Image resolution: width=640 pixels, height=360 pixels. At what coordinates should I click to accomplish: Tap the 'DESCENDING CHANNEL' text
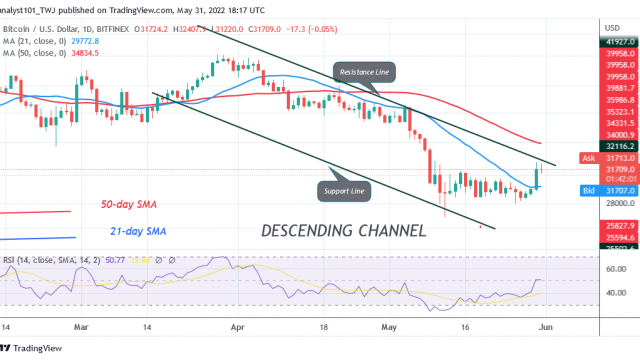pyautogui.click(x=343, y=231)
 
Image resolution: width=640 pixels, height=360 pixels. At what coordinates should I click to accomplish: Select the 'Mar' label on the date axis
pyautogui.click(x=82, y=326)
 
